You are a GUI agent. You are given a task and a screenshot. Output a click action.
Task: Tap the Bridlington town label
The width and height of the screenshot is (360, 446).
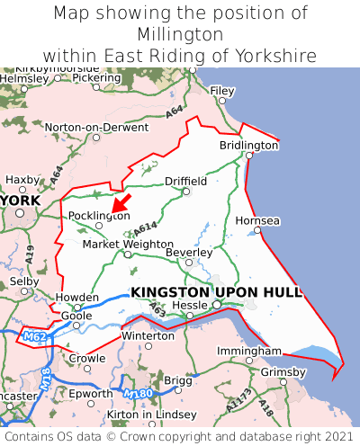248,145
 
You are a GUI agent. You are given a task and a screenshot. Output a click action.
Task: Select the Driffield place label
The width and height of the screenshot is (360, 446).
185,181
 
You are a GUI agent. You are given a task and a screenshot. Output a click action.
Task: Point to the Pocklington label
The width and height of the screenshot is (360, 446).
99,216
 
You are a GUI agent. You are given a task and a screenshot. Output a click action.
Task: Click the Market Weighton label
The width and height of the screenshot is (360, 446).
127,244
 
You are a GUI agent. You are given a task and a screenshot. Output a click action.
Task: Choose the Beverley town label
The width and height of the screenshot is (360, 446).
189,253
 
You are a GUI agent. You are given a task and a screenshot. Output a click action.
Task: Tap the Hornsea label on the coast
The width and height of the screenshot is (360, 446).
257,220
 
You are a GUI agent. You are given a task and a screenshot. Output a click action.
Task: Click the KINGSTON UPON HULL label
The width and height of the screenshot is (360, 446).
216,292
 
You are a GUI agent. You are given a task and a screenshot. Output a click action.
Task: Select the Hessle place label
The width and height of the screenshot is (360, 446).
190,305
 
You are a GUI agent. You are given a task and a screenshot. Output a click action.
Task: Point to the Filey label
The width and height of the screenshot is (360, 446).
221,91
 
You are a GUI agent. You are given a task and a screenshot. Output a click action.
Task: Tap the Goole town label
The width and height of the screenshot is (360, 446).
76,316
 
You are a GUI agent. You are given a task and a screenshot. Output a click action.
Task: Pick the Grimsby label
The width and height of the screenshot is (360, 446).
283,371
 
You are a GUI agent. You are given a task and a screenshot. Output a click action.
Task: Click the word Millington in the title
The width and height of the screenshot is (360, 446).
180,34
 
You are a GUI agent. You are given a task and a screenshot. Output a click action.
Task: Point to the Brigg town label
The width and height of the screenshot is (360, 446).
178,380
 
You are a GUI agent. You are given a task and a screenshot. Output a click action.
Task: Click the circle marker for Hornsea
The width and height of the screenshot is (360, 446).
257,230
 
